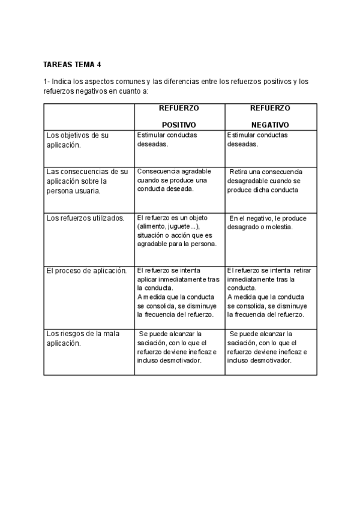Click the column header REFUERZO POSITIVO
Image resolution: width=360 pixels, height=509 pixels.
(x=179, y=116)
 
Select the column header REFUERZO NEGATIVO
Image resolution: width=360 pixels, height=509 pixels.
(x=270, y=116)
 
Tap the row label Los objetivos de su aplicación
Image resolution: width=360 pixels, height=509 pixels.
(x=77, y=140)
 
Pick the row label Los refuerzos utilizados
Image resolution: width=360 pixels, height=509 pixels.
(x=85, y=218)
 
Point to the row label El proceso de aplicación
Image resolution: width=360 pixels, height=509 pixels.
(x=86, y=271)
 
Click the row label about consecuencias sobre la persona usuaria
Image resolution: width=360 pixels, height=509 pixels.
(x=87, y=181)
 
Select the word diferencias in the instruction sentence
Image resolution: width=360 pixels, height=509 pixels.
(x=187, y=81)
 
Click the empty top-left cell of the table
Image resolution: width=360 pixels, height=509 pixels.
(x=89, y=116)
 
